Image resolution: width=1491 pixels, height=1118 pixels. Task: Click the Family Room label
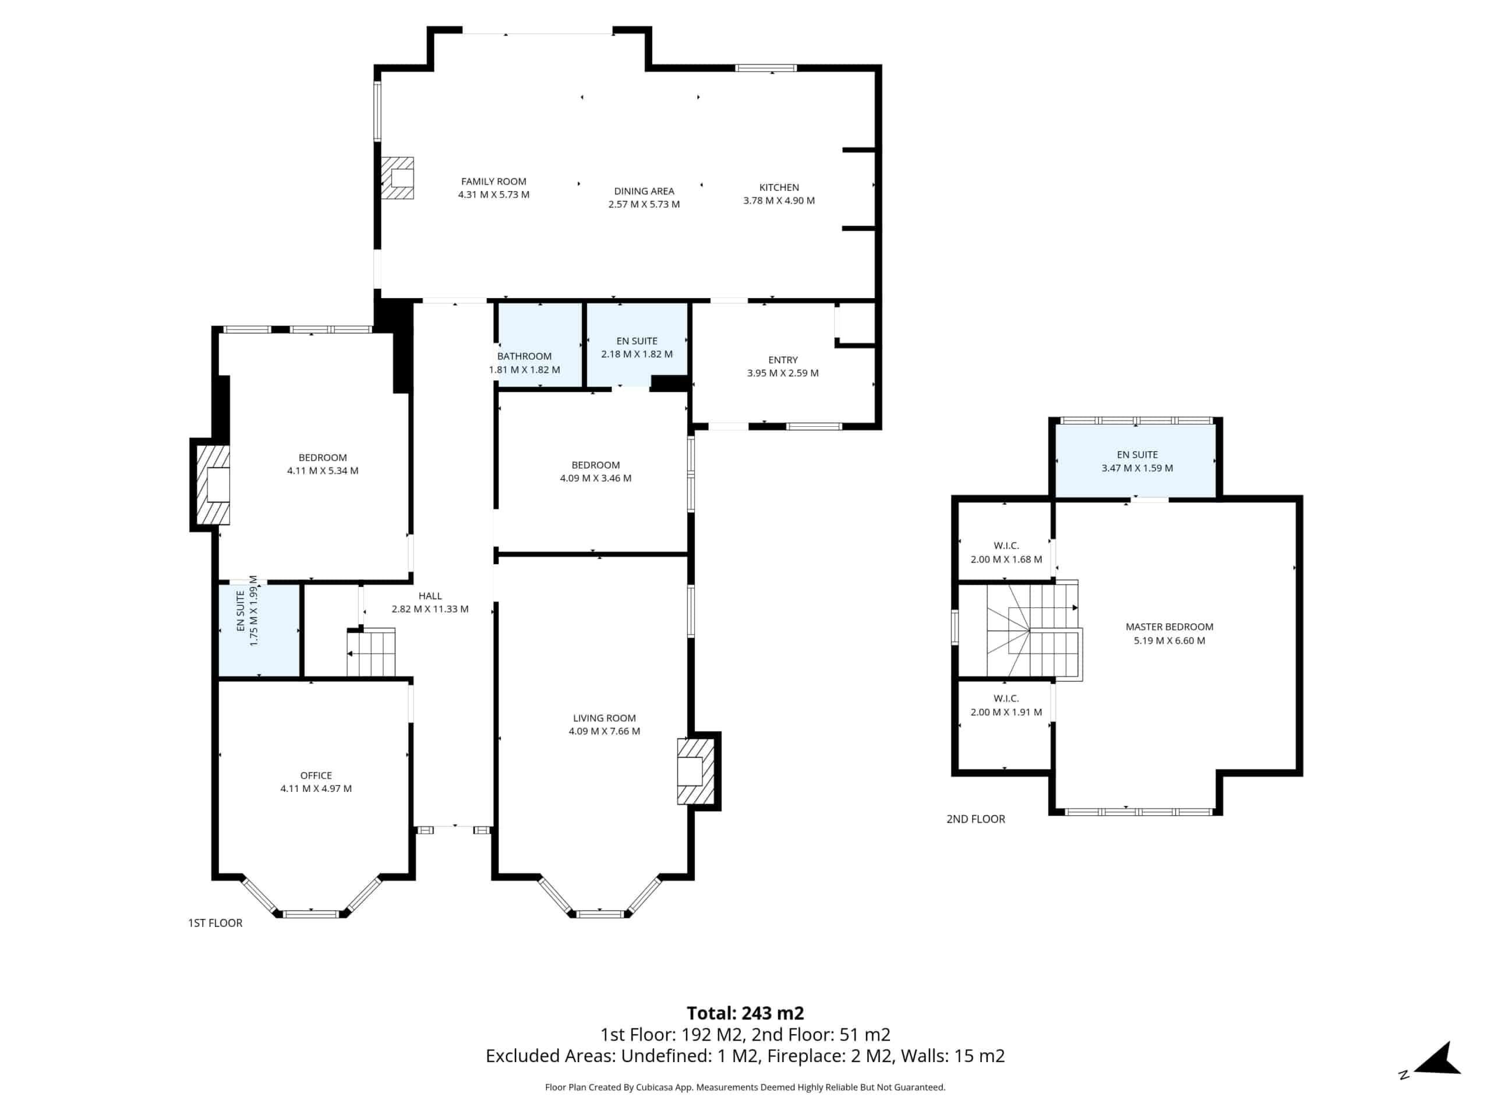[493, 181]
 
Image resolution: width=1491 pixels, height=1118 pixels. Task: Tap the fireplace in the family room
[397, 178]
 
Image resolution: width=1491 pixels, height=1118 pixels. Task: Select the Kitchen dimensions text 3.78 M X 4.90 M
[779, 201]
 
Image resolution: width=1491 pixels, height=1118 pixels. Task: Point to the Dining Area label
[644, 192]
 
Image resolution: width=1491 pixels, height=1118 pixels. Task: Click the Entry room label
[783, 360]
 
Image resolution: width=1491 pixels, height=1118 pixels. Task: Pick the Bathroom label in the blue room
[524, 356]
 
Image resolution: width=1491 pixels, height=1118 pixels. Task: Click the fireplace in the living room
[695, 771]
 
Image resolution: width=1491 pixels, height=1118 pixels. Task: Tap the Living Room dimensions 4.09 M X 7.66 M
[604, 731]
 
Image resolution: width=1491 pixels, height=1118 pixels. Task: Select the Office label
[316, 776]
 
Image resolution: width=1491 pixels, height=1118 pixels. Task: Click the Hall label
[430, 596]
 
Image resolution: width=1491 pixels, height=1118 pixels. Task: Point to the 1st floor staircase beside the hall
[371, 652]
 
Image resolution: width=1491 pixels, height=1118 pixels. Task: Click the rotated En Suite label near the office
[241, 611]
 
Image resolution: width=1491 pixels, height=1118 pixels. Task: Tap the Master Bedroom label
[1170, 627]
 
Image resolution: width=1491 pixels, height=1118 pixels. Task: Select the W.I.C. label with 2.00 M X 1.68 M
[1006, 546]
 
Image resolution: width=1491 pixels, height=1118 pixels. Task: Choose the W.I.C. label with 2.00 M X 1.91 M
[1006, 699]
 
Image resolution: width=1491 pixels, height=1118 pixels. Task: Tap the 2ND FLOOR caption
[976, 819]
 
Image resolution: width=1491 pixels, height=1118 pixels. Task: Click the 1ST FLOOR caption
[215, 924]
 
